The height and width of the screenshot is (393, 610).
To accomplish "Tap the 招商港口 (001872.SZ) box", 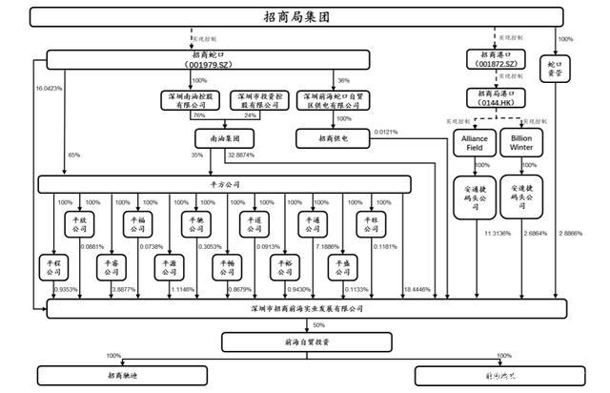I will click(497, 60).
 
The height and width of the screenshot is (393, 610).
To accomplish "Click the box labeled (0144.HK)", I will click(497, 96).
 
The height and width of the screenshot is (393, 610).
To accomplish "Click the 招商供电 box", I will click(334, 138).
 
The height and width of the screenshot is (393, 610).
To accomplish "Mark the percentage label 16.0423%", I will click(49, 88).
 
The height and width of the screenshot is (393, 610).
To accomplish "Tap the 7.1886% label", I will click(327, 247).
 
